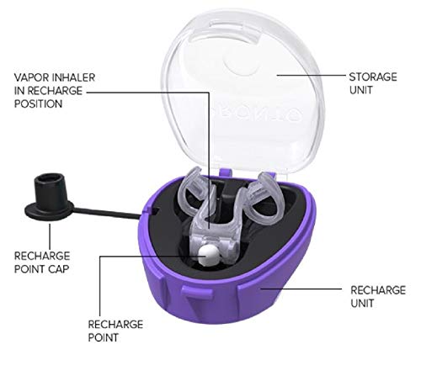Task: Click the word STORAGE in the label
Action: coord(373,77)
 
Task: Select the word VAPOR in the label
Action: coord(30,77)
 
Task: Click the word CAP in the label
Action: coord(59,269)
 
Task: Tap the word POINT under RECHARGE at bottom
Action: coord(104,337)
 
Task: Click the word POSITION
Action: coord(39,104)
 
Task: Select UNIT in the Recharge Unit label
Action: coord(362,304)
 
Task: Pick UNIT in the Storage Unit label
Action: coord(360,90)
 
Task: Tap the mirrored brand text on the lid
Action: coord(257,112)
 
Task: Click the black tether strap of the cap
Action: coord(107,212)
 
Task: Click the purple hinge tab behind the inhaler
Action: coord(226,172)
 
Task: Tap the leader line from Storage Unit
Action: coord(312,75)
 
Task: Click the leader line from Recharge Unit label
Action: coord(301,289)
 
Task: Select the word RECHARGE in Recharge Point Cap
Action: coord(42,256)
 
